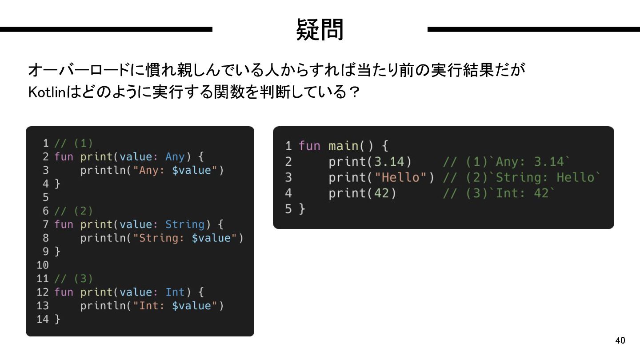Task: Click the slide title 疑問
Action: (320, 29)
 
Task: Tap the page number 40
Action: (620, 341)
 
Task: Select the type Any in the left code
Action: (175, 156)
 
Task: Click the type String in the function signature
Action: (185, 224)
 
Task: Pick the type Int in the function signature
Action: (175, 292)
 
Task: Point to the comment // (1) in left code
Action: (74, 143)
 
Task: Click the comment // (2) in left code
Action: (74, 211)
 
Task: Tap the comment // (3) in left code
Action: (74, 279)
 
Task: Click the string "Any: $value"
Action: (175, 170)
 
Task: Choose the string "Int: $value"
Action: (175, 306)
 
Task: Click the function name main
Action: (344, 146)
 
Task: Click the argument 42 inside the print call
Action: (382, 193)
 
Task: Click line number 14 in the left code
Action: (43, 319)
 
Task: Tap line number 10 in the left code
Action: (43, 265)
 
